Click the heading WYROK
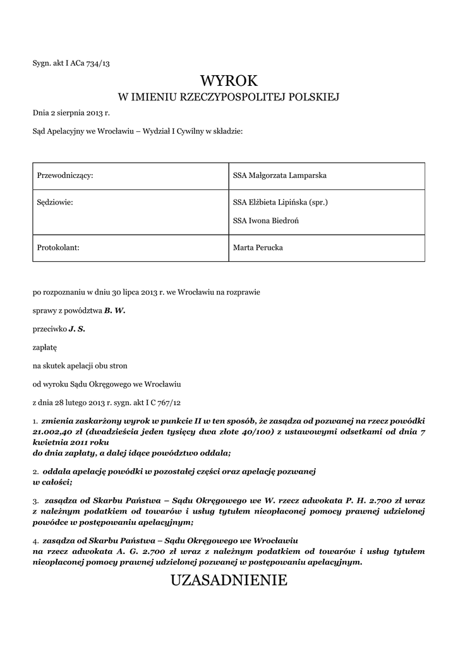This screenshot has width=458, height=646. [229, 81]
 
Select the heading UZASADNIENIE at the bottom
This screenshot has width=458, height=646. [229, 580]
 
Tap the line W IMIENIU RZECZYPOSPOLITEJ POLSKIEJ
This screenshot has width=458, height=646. [229, 97]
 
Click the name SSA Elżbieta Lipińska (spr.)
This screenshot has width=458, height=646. [280, 203]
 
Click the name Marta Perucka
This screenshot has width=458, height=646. [258, 248]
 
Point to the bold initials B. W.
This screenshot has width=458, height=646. [115, 311]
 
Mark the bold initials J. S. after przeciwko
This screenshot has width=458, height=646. [77, 329]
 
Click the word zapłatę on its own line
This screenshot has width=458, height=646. [45, 347]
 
